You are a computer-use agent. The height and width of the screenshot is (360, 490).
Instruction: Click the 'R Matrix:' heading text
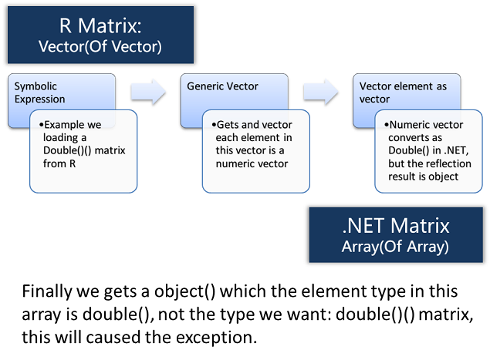coord(100,25)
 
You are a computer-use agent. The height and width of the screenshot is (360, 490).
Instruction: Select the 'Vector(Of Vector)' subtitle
coord(100,46)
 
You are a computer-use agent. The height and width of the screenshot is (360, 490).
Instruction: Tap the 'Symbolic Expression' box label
coord(39,93)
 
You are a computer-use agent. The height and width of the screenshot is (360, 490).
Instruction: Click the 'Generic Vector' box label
coord(222,86)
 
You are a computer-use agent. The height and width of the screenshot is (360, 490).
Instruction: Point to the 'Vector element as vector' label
coord(403,93)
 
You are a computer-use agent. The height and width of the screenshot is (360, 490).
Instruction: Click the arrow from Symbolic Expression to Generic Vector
coord(148,92)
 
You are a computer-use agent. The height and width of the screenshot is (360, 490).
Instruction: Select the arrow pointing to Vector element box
coord(321,92)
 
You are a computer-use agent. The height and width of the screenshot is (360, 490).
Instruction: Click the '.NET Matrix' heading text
coord(396,225)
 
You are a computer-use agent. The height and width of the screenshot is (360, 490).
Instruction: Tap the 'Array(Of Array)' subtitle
coord(395,247)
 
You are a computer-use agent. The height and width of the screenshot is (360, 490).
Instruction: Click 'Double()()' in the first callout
coord(67,150)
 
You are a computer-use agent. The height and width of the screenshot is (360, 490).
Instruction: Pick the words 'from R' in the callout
coord(59,163)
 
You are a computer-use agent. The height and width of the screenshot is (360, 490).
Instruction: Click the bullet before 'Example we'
coord(41,125)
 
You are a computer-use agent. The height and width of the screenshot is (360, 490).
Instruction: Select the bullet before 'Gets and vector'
coord(214,125)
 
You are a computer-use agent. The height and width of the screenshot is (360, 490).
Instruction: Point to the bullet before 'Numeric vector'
coord(387,125)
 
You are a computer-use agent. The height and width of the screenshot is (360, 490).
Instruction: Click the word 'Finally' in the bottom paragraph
coord(47,291)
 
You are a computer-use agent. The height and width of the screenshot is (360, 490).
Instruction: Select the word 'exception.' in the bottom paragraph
coord(216,338)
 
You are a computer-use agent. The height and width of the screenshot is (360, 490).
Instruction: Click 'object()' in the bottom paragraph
coord(184,291)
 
